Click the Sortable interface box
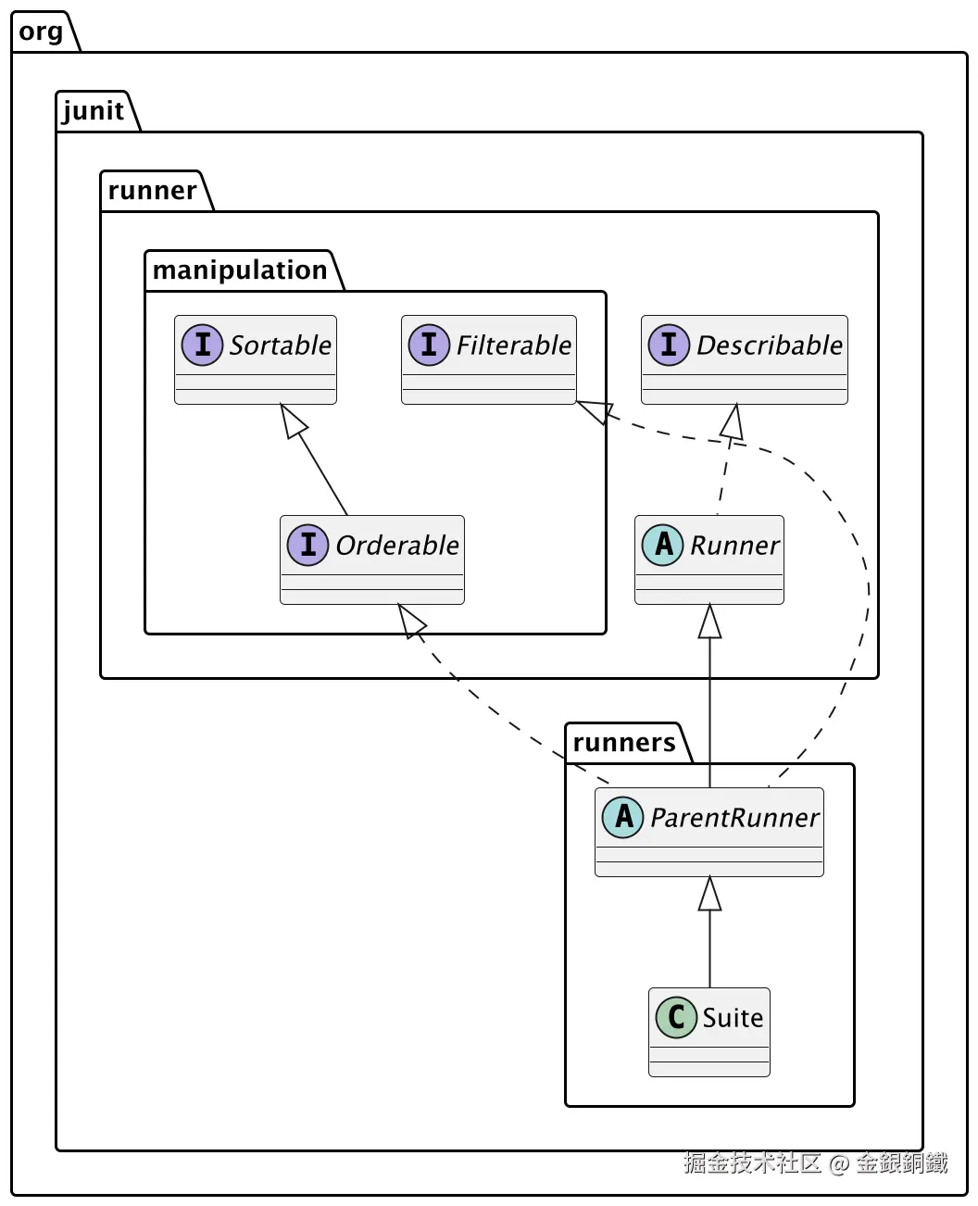coord(256,359)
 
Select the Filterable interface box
coord(489,359)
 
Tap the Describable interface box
coord(745,359)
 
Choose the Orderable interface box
coord(372,559)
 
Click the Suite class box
coord(709,1032)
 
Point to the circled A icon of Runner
coord(663,545)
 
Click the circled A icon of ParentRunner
coord(623,817)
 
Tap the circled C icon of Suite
coord(676,1017)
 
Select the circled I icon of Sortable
coord(203,345)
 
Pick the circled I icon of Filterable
coord(429,345)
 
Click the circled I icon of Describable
coord(669,345)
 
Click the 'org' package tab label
coord(42,32)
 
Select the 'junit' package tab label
coord(94,111)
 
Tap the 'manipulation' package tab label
coord(240,270)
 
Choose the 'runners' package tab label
coord(624,743)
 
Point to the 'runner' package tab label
coord(152,191)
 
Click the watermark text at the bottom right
coord(815,1163)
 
